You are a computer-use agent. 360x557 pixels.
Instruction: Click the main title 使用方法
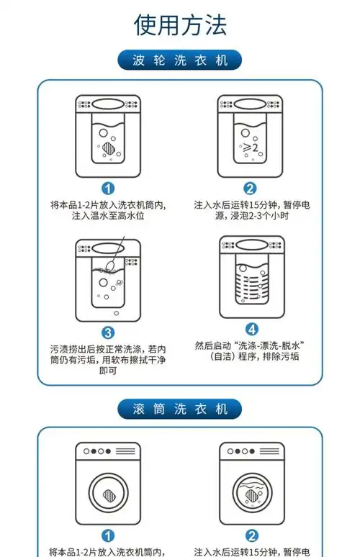(180, 24)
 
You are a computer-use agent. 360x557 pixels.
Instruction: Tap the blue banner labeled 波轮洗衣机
(180, 60)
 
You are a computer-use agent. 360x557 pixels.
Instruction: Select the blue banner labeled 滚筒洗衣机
(180, 409)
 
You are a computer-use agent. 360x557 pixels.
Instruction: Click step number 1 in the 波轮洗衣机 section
(108, 189)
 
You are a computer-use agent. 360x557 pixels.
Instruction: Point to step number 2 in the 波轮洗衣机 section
(251, 189)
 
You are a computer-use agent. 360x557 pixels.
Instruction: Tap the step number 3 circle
(108, 332)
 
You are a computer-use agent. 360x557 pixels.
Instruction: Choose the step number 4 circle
(251, 328)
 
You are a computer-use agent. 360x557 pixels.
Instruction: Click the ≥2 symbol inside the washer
(250, 148)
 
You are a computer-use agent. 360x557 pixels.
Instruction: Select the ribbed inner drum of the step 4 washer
(250, 284)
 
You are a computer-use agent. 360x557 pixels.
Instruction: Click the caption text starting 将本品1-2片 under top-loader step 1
(108, 210)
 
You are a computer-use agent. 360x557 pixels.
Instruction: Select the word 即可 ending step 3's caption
(108, 371)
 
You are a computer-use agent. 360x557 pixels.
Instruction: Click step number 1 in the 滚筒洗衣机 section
(108, 535)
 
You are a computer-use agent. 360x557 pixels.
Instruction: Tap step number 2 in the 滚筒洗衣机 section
(251, 535)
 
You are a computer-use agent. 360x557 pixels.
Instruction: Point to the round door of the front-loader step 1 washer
(108, 494)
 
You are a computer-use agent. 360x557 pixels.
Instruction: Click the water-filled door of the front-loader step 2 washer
(251, 494)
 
